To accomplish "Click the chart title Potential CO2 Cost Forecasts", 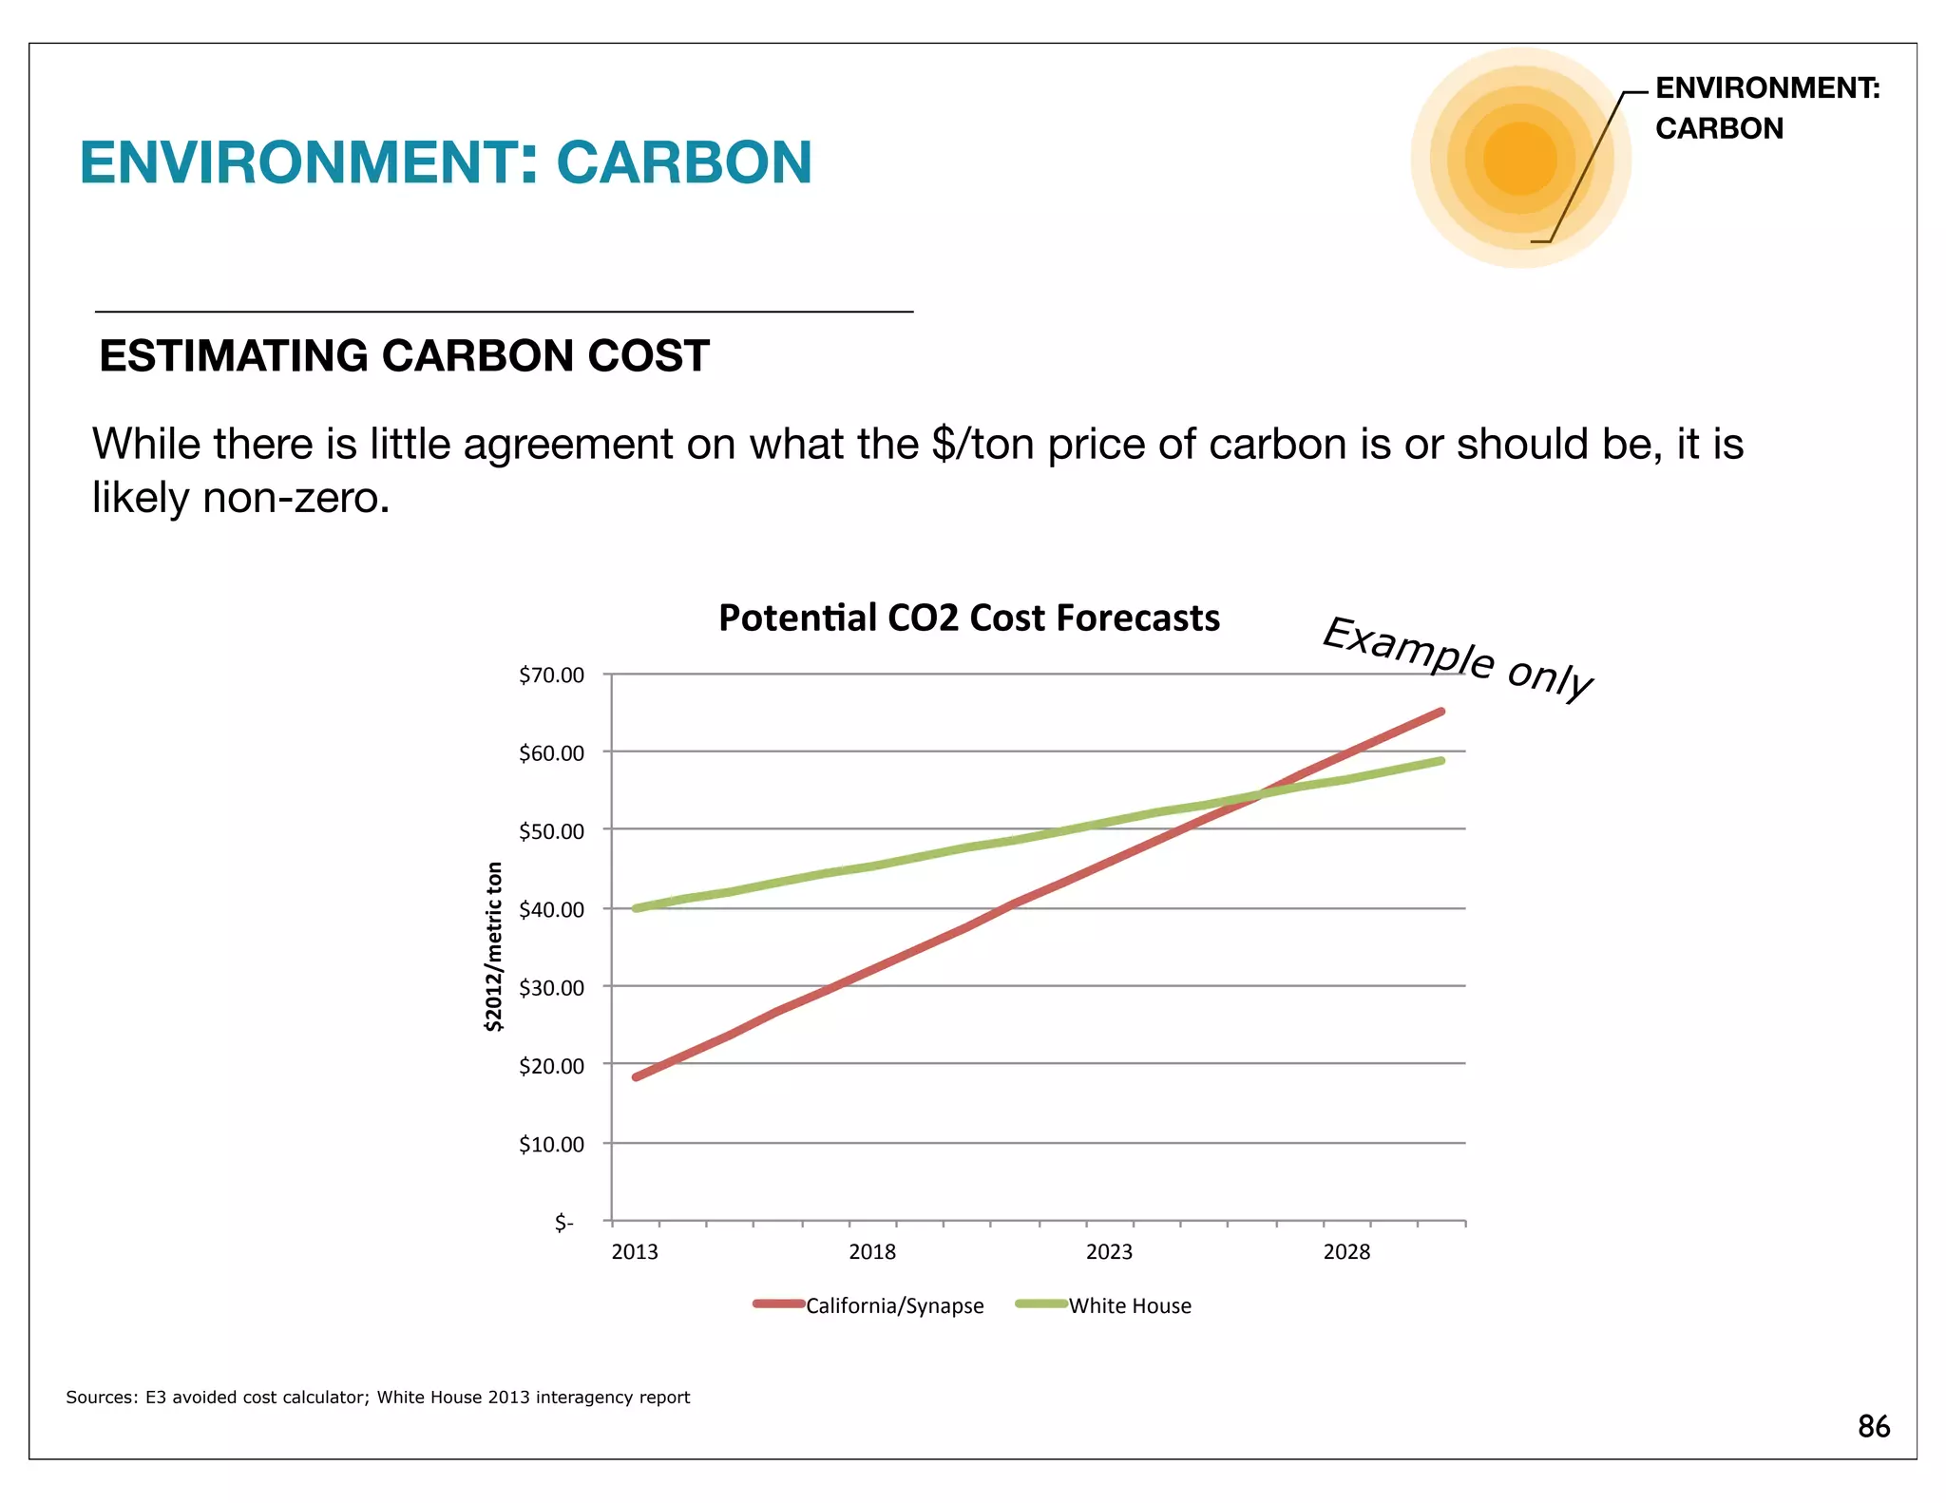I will point(968,618).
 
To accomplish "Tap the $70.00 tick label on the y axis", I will point(551,675).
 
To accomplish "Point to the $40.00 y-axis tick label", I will point(551,909).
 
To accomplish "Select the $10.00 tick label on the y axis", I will point(551,1144).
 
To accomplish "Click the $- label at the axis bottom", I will point(564,1223).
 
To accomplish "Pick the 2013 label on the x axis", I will point(635,1251).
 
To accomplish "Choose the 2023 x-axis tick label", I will point(1109,1251).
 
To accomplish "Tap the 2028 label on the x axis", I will point(1346,1251).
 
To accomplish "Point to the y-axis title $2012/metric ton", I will point(493,946).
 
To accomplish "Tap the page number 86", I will point(1873,1426).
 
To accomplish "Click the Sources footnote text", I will point(377,1397).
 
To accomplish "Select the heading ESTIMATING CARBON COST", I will point(404,356).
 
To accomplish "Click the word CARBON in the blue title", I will point(683,162).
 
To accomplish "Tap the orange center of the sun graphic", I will point(1519,158).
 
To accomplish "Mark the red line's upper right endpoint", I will point(1441,712).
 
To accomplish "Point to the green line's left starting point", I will point(636,908).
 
